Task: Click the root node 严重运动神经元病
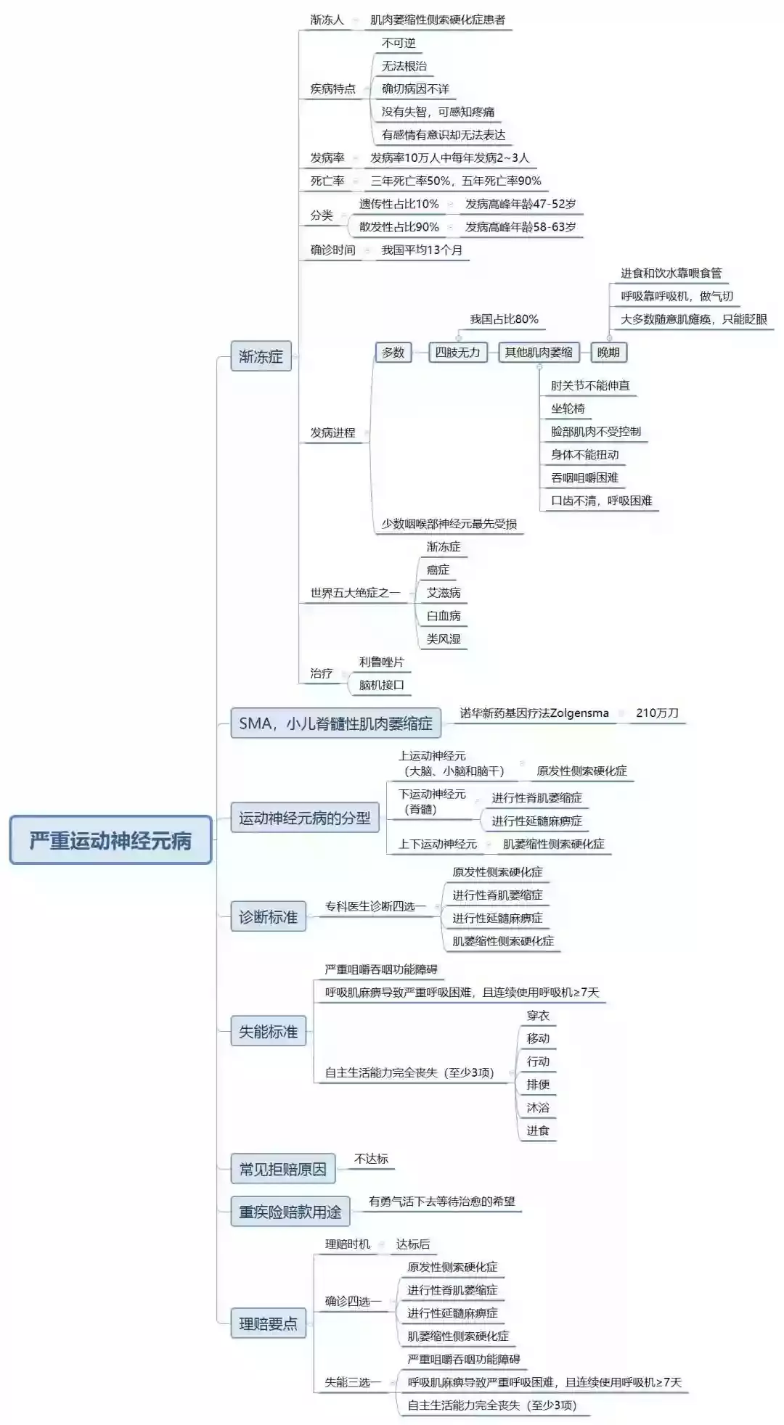110,840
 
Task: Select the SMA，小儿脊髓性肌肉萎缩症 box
335,723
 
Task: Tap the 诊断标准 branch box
268,916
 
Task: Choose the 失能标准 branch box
268,1031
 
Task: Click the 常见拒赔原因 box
283,1169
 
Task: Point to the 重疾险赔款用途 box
290,1211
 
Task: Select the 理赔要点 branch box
268,1323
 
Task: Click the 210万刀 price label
657,712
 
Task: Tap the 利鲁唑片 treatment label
381,662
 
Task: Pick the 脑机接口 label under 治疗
381,685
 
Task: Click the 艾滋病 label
444,593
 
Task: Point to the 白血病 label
444,616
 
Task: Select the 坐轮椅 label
568,408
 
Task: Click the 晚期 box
608,353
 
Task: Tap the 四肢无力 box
457,353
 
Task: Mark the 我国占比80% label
504,319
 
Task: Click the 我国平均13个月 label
422,250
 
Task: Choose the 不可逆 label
399,43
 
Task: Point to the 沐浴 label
538,1107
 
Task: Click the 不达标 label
371,1159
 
